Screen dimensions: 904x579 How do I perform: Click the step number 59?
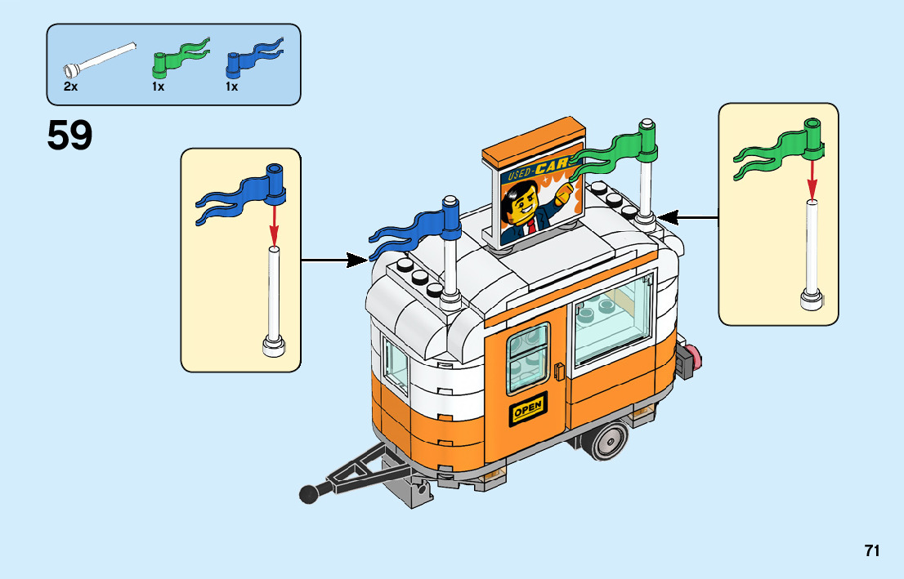tap(69, 136)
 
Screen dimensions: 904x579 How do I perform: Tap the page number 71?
tap(872, 551)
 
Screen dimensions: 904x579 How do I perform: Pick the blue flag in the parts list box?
tap(254, 57)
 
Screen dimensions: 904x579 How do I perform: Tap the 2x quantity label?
tap(70, 87)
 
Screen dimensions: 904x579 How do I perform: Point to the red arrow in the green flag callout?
tap(812, 175)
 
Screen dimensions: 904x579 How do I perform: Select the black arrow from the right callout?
tap(687, 217)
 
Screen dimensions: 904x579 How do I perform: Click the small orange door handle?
tap(558, 370)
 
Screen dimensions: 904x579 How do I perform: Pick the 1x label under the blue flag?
tap(232, 87)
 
